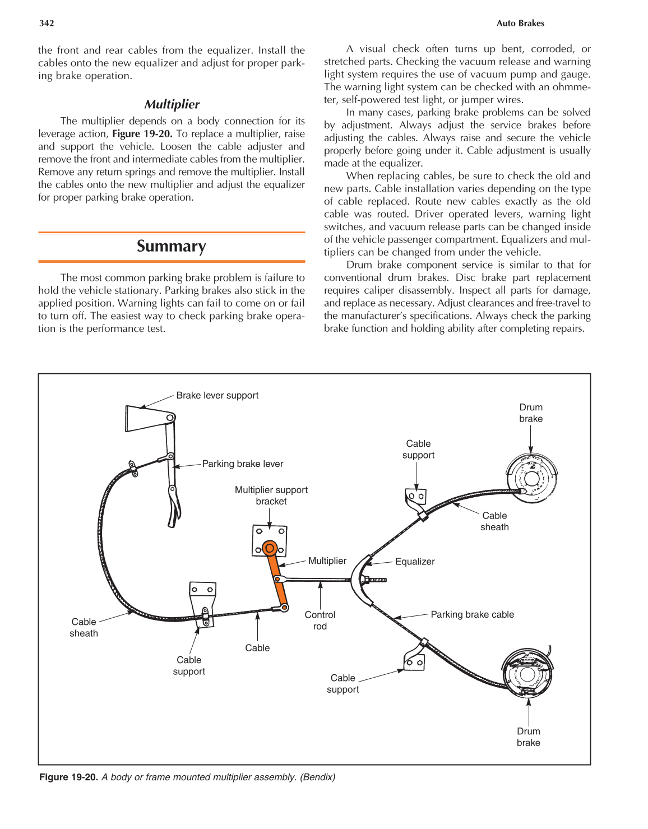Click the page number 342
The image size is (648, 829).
(x=47, y=23)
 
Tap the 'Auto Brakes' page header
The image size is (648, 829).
(x=520, y=23)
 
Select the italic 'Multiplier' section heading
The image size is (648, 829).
(x=172, y=104)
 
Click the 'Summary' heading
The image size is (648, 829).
(x=172, y=247)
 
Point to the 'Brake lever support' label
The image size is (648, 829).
(x=217, y=395)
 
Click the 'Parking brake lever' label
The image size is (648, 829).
(x=242, y=464)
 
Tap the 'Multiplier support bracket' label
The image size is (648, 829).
(x=271, y=495)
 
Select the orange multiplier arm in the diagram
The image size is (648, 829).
(x=276, y=577)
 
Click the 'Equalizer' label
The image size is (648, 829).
(x=415, y=562)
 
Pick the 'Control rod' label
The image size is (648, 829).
(x=320, y=620)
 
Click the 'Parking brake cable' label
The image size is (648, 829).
(x=472, y=614)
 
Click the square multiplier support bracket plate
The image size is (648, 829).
(x=270, y=540)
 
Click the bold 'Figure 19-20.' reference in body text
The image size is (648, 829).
(x=142, y=134)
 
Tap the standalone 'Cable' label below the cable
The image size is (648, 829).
(x=257, y=648)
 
